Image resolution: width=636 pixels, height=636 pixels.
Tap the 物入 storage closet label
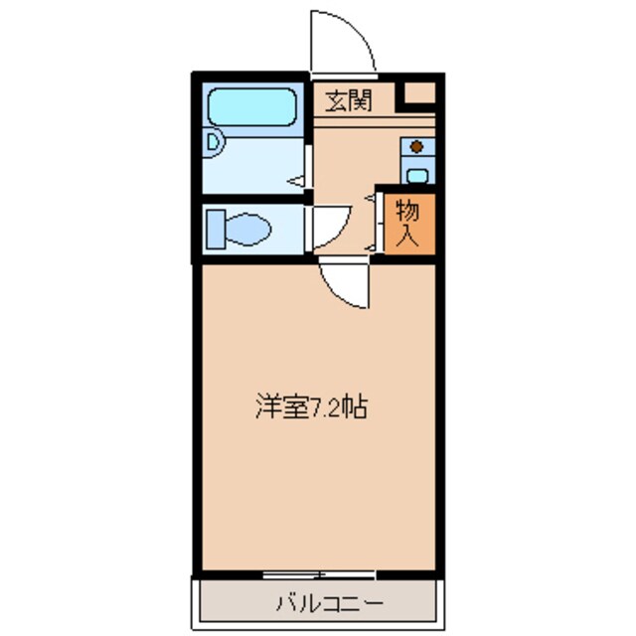[407, 223]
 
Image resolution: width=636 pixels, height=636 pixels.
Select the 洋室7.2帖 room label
[311, 406]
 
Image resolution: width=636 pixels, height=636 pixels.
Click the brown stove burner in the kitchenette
[417, 147]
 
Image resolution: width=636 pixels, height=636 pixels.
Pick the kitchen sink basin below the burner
[417, 176]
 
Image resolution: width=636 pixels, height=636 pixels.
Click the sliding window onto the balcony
[319, 574]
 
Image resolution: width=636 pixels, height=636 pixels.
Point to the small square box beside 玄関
[418, 94]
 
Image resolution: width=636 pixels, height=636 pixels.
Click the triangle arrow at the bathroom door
[297, 181]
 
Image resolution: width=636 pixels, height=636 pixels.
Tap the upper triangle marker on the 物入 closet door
[370, 200]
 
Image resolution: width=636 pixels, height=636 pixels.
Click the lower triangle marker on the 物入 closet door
[370, 244]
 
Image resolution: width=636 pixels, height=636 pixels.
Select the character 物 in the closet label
[407, 211]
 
